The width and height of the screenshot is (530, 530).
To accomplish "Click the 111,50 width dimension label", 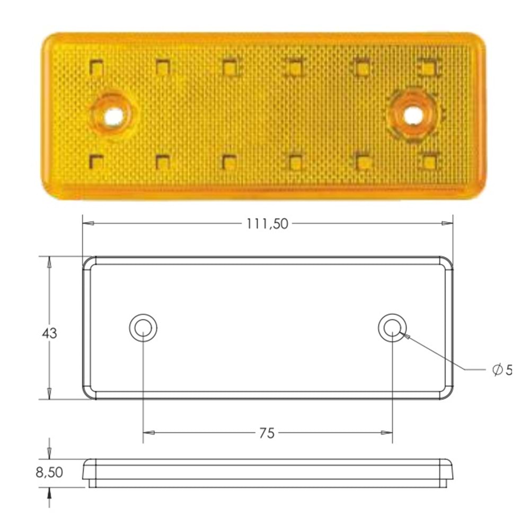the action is coord(267,224).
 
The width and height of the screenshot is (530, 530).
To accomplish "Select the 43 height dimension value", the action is coord(49,333).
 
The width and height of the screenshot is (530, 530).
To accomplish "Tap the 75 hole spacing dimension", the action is coord(267,433).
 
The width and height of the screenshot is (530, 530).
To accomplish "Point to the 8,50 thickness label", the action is coord(49,472).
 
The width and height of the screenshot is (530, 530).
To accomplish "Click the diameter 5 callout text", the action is coord(502,370).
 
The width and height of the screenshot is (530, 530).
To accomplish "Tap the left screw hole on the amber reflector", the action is coord(112,117).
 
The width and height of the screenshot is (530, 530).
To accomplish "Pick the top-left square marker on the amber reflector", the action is coord(96,67).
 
